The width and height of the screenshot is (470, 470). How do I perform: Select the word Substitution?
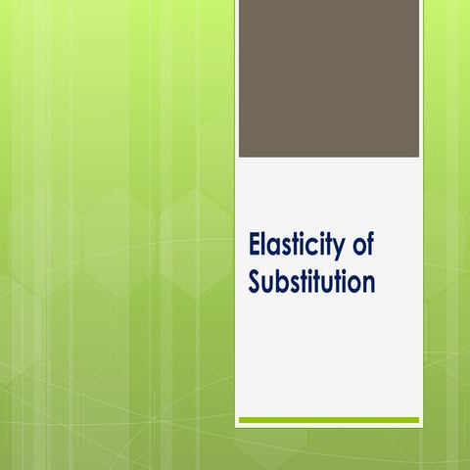tap(311, 282)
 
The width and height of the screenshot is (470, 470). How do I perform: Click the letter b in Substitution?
tap(283, 281)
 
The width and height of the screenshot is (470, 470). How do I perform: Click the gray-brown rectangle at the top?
tap(329, 78)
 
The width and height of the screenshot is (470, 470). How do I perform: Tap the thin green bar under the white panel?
tap(329, 420)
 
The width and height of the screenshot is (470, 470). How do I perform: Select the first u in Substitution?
tap(269, 284)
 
